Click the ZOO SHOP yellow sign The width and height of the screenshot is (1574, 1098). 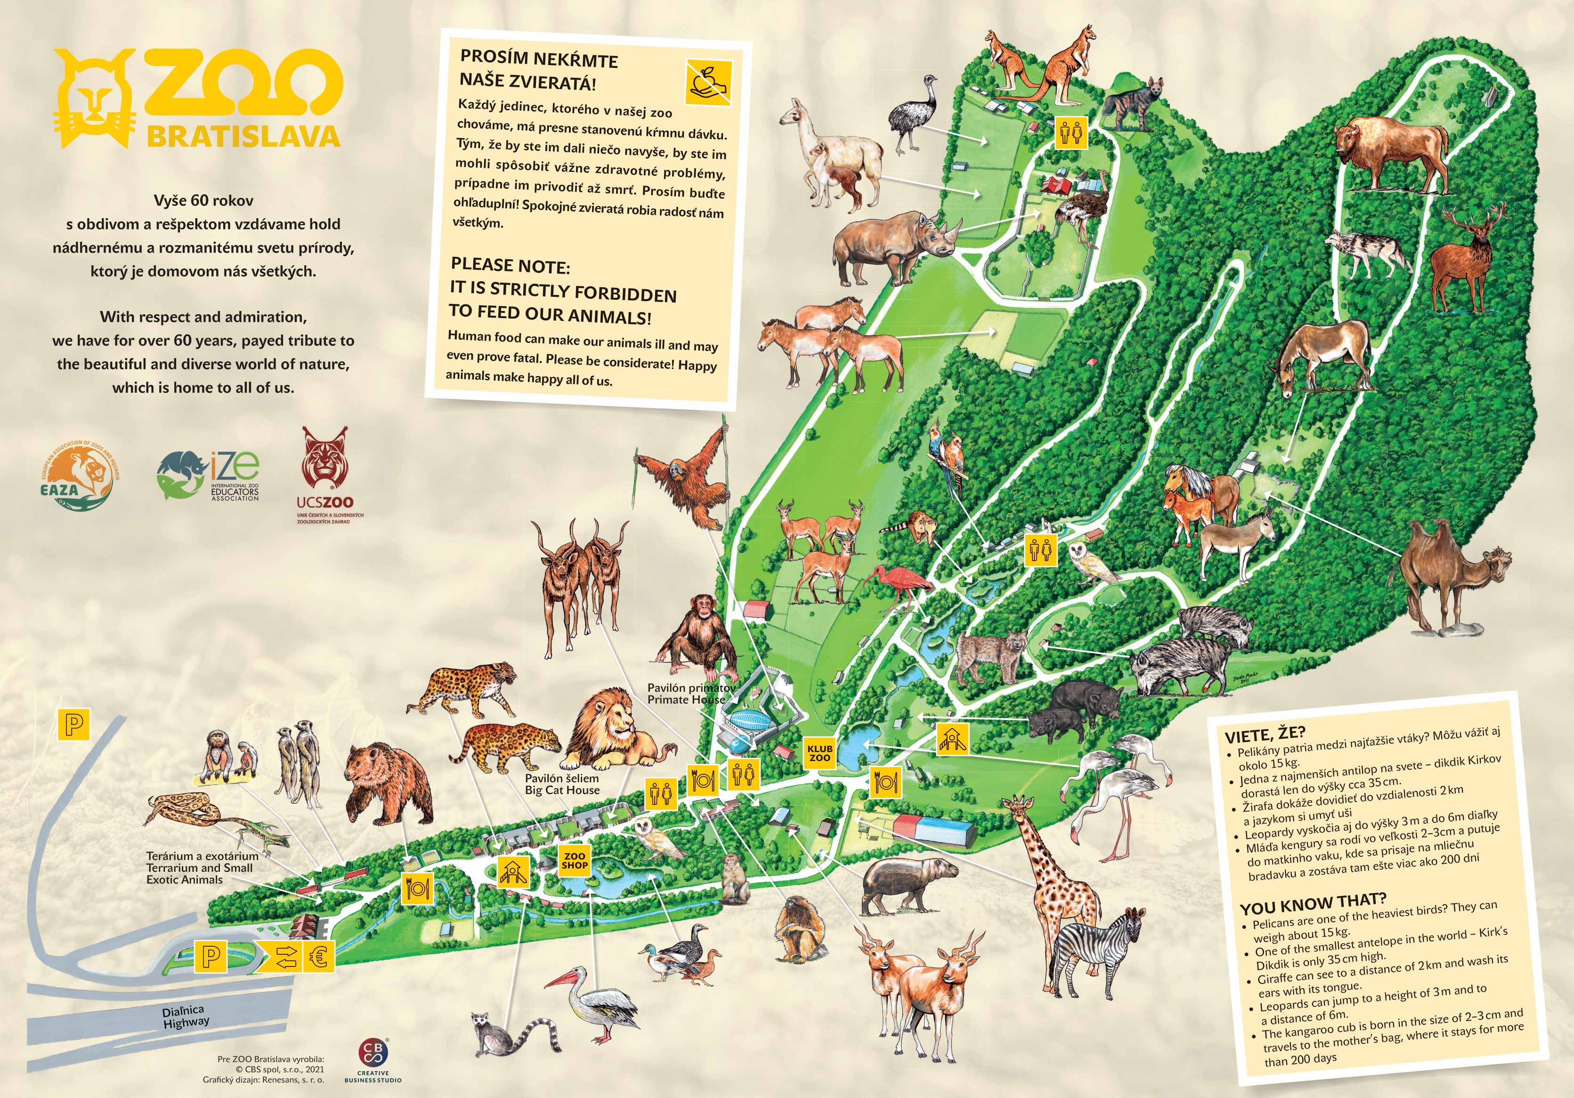575,860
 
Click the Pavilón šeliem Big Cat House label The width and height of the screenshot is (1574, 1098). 562,784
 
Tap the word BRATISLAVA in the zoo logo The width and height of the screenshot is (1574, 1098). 243,136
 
